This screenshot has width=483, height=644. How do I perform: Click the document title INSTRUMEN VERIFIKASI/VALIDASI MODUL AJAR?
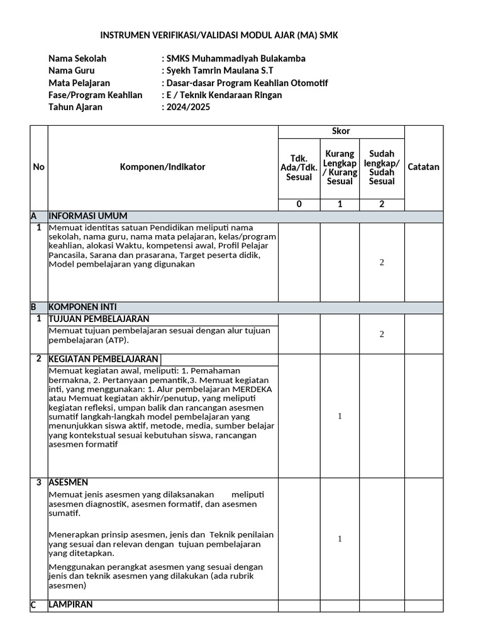(219, 36)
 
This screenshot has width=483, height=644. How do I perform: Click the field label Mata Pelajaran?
(79, 83)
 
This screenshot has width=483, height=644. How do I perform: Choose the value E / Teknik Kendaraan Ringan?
(224, 95)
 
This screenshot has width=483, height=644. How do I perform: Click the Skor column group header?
(341, 131)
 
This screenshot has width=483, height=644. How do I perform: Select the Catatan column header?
(424, 167)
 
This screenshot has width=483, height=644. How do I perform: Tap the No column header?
(39, 167)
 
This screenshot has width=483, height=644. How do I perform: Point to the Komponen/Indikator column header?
(163, 167)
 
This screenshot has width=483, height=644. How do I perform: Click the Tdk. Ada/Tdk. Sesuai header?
(299, 168)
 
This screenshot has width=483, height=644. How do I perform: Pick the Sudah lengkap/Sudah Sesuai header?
(382, 168)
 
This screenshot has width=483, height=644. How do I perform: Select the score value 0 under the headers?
(299, 204)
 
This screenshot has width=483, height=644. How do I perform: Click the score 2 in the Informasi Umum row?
(382, 262)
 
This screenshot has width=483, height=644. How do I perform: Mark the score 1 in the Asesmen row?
(340, 539)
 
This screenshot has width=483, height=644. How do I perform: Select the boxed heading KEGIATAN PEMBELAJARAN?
(104, 359)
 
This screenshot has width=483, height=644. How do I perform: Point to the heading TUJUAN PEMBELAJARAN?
(99, 319)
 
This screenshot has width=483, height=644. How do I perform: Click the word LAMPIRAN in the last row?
(70, 604)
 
